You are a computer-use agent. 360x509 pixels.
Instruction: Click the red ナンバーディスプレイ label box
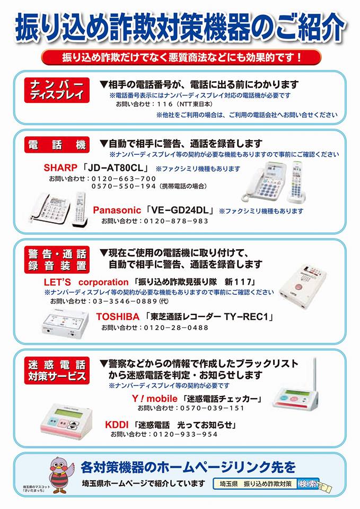click(57, 90)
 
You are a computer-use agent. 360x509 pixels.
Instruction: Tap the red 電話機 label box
click(57, 144)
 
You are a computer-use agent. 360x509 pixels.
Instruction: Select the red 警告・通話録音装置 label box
click(57, 259)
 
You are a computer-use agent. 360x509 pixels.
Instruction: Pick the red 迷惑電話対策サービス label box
click(57, 371)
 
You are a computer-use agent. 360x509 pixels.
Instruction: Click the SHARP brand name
click(60, 168)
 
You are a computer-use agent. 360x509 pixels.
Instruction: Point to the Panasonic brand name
click(117, 210)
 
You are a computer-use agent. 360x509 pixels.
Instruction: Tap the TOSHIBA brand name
click(118, 317)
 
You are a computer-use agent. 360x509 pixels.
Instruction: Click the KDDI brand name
click(117, 425)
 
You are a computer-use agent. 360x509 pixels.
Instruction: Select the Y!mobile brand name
click(154, 398)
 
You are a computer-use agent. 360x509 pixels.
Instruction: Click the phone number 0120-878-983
click(176, 221)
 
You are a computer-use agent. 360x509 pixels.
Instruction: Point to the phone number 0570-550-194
click(124, 186)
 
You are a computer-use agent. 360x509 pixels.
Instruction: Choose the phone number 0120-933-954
click(185, 434)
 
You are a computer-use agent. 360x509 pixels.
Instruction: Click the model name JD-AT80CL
click(115, 168)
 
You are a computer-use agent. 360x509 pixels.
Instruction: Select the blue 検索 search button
click(308, 484)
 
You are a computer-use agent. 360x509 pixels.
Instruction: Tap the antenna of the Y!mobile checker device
click(314, 374)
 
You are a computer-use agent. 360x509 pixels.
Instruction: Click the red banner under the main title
click(181, 57)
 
